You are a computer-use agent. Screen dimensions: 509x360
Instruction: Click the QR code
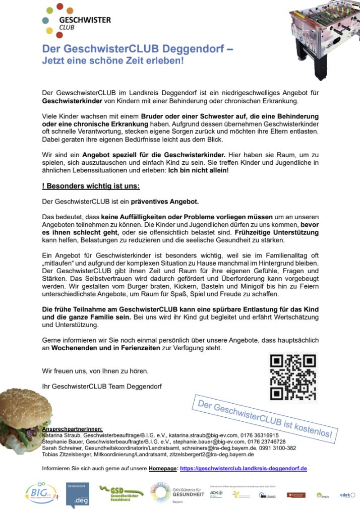pos(293,376)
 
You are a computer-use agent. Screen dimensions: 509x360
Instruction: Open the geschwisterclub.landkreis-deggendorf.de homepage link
pos(243,468)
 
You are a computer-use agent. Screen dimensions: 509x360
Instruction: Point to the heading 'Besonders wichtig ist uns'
pos(91,186)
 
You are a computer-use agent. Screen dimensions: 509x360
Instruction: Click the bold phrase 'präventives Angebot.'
pos(165,202)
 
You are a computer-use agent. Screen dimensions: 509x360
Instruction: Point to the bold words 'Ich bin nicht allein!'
pos(198,170)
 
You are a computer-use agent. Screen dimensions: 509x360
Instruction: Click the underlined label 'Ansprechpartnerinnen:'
pos(72,428)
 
